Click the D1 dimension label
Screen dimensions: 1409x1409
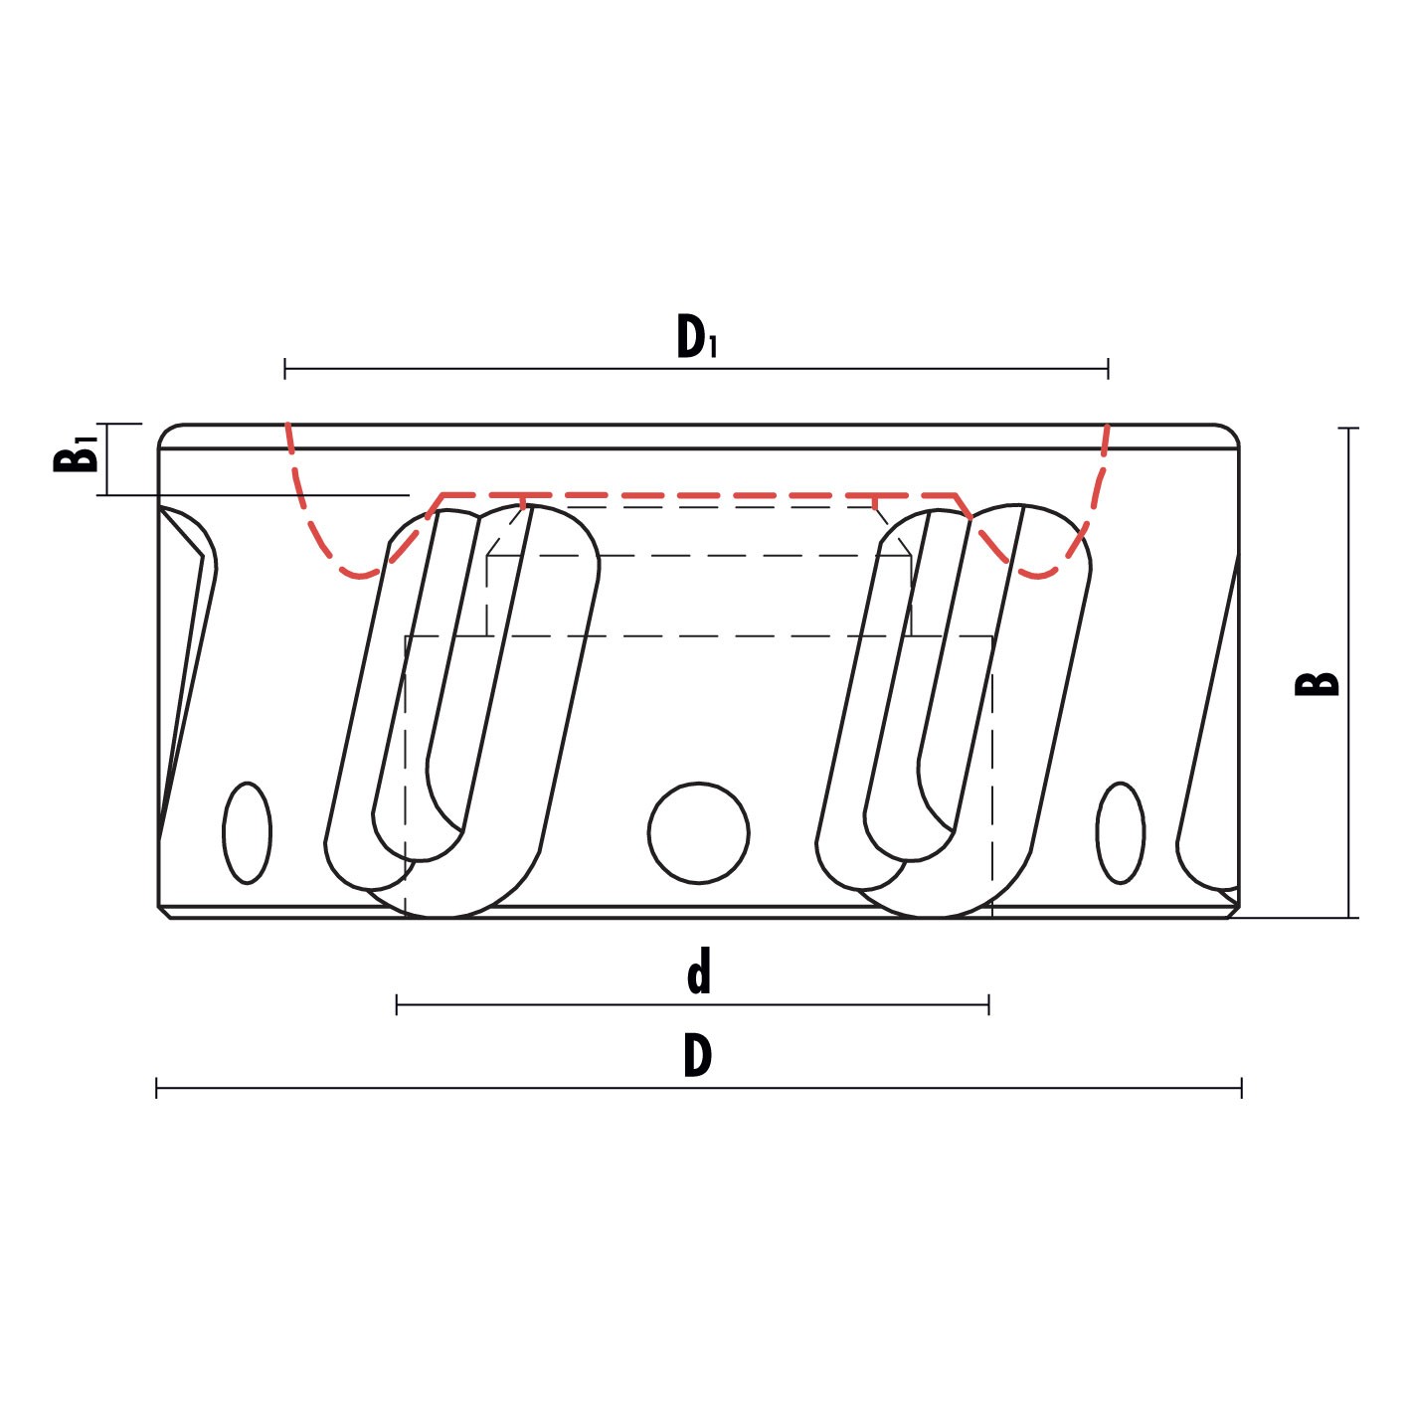point(696,336)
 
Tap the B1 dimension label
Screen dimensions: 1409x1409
point(76,454)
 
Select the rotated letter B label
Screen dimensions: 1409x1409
point(1317,683)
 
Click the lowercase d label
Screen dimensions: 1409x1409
point(699,971)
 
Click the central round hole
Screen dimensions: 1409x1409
point(698,833)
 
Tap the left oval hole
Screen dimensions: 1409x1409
point(248,833)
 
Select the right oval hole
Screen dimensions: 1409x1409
point(1121,833)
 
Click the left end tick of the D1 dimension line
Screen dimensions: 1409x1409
point(285,369)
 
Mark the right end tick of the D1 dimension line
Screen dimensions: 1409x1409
point(1108,369)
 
